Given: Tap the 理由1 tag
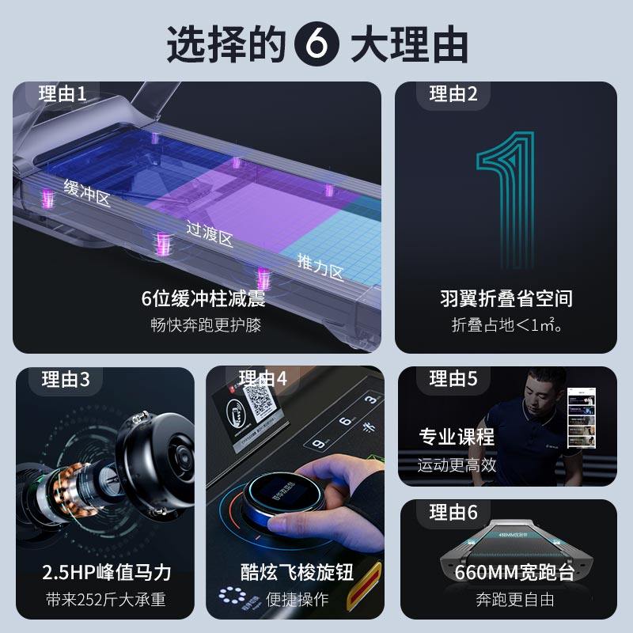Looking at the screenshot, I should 63,94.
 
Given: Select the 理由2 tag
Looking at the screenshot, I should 453,94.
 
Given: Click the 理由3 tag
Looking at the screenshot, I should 66,380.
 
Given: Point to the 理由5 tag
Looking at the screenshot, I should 453,379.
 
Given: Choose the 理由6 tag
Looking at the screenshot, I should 453,512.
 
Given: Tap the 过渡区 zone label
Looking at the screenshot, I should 209,234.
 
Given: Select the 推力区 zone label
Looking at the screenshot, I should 320,267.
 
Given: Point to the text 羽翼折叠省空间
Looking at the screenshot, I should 506,299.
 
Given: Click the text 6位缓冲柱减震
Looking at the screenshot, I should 203,299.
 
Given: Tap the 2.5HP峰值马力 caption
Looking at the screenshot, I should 106,572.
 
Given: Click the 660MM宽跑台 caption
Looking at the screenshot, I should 507,573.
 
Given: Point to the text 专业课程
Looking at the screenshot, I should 457,437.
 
